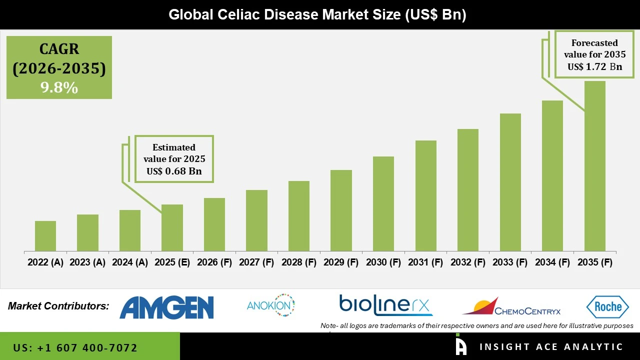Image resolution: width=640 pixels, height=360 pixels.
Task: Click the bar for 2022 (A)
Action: [45, 236]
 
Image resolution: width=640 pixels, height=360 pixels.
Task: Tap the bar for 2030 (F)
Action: [383, 203]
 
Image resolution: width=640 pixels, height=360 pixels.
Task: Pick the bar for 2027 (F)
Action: [256, 220]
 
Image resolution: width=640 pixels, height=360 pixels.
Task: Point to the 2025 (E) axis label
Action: [172, 262]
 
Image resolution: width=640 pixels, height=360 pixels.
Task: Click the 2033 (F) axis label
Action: [510, 262]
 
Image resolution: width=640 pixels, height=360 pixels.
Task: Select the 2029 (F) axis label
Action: [341, 262]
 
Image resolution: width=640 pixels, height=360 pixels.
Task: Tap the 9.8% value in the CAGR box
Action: [59, 88]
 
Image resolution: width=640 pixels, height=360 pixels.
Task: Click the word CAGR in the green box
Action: [59, 49]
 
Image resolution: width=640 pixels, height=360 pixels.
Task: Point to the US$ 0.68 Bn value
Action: [174, 171]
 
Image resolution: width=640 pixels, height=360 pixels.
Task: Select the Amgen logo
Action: [166, 307]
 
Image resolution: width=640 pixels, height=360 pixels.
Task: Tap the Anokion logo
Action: [270, 305]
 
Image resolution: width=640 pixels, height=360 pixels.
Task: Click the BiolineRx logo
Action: [385, 305]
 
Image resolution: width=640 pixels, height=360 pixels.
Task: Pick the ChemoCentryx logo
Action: [511, 306]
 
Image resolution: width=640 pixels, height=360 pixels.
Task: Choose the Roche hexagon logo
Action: [607, 306]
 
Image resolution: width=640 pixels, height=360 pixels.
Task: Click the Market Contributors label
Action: [58, 306]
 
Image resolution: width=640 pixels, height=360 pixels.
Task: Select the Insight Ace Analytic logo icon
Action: [461, 346]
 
